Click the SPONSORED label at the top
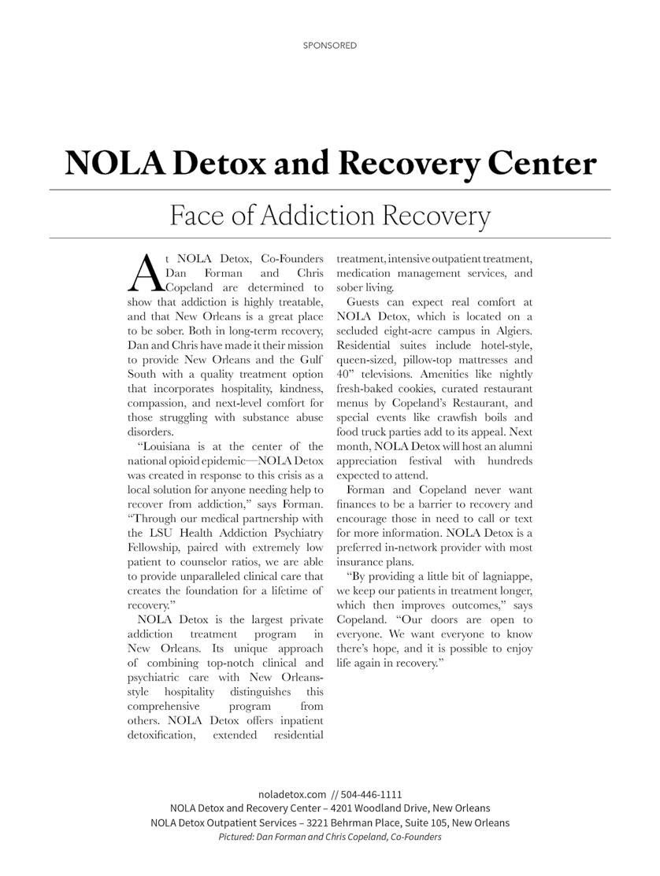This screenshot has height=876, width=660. tap(330, 46)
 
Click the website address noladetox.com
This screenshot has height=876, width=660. tap(291, 794)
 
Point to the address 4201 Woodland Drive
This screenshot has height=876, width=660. tap(383, 808)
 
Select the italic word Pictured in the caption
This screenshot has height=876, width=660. tap(235, 837)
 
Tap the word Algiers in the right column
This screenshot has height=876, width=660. tap(510, 331)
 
